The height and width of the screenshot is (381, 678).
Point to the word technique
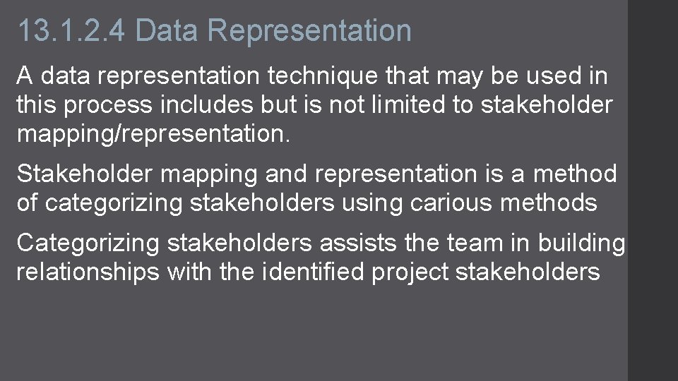coord(333,75)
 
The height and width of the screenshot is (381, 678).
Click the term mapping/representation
coord(153,135)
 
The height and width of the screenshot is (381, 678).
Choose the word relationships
coord(88,272)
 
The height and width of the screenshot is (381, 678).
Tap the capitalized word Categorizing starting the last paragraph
coord(88,243)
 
